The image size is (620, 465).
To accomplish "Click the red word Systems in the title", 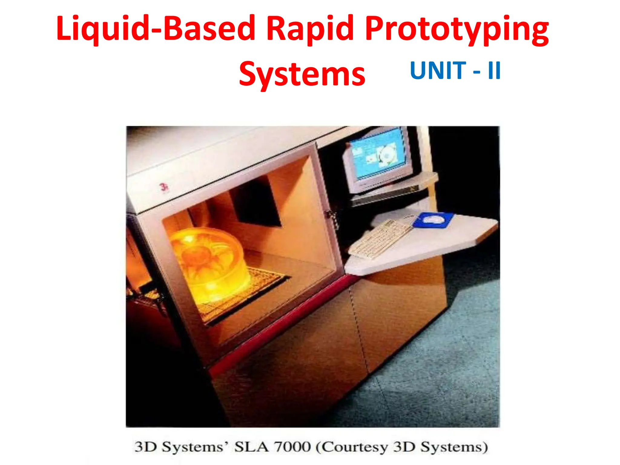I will pos(302,74).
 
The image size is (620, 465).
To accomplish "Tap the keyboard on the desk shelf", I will pos(380,239).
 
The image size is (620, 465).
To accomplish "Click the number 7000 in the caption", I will pos(292,447).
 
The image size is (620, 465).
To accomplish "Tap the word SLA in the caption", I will pos(251,447).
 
